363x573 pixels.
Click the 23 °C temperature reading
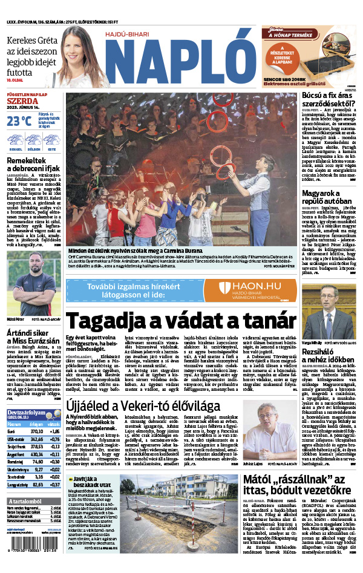pos(19,120)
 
